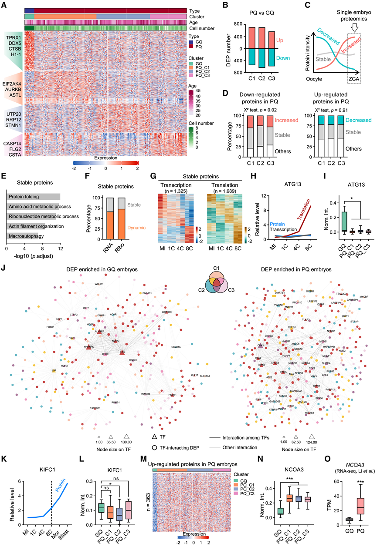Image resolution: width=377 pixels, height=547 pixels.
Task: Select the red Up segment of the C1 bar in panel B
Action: pos(238,38)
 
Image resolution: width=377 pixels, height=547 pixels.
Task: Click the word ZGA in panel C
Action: pos(353,79)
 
